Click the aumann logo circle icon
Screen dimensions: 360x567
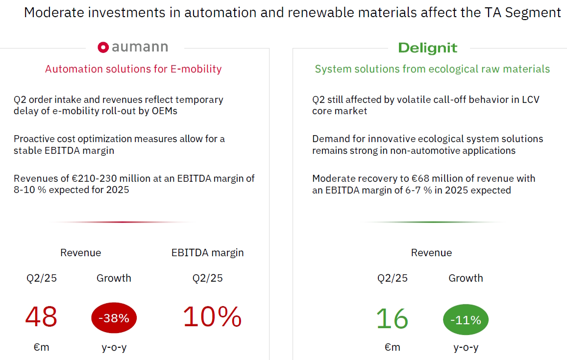103,47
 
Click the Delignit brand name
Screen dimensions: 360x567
427,48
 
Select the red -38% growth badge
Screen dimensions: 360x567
114,318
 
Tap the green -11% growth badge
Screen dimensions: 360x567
466,320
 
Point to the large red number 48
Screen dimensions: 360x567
41,317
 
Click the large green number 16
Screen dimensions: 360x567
392,319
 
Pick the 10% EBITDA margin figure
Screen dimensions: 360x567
212,317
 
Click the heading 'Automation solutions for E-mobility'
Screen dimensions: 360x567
133,69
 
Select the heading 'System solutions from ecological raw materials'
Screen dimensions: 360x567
432,69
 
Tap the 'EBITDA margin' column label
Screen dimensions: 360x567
207,253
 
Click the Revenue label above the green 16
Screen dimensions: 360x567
431,253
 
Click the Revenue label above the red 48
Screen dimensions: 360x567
80,253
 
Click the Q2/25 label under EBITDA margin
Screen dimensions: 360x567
207,278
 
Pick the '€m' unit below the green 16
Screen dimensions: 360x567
392,347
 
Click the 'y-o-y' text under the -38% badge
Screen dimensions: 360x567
114,347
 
